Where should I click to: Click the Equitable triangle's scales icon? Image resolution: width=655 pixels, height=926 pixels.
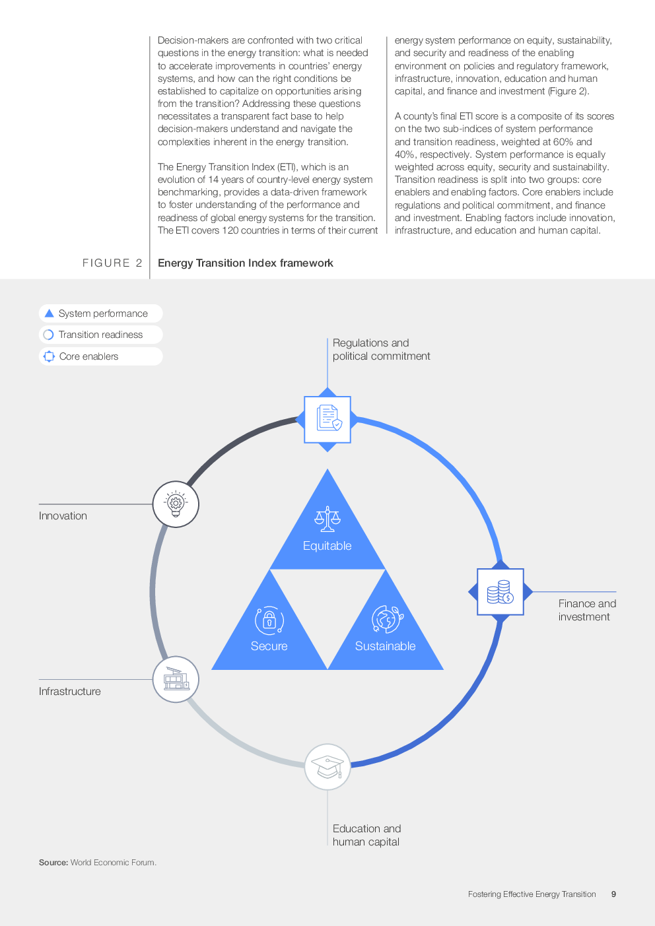click(x=327, y=519)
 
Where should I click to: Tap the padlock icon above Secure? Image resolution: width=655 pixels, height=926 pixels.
click(x=269, y=620)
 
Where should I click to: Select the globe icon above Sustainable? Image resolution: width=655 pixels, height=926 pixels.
click(x=387, y=619)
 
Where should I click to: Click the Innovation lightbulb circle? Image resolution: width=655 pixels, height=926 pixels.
click(x=176, y=504)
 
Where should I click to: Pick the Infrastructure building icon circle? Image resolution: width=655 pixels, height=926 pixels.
click(x=176, y=679)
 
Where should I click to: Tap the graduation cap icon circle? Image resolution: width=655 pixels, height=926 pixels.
click(x=327, y=767)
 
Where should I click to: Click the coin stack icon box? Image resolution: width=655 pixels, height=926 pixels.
click(x=500, y=591)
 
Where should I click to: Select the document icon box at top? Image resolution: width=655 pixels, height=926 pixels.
click(x=327, y=419)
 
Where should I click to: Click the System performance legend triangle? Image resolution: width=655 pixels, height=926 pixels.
click(x=50, y=313)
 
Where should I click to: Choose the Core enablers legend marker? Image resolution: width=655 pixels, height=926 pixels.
click(x=50, y=356)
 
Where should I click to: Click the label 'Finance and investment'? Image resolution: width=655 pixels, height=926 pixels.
click(x=587, y=610)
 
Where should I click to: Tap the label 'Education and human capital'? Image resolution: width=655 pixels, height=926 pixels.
click(x=366, y=835)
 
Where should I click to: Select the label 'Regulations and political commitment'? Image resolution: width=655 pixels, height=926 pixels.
click(x=381, y=349)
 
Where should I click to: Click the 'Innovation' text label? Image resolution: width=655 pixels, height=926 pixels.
click(x=63, y=515)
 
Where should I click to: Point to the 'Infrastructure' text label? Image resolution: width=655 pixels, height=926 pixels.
click(x=70, y=691)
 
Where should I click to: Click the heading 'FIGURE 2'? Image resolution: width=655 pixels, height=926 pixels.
click(x=112, y=263)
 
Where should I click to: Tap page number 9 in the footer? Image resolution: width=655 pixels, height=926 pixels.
click(x=613, y=894)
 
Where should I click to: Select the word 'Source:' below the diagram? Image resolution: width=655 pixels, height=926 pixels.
click(x=53, y=863)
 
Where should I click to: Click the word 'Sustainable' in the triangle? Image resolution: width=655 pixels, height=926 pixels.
click(x=386, y=645)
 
